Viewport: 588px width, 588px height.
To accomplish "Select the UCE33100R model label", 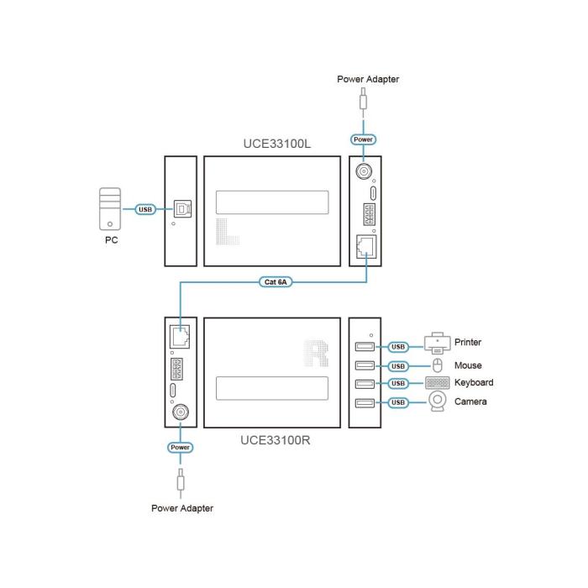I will (x=276, y=439).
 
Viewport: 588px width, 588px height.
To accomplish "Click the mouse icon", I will (x=437, y=365).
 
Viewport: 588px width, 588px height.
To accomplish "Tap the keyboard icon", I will (x=438, y=383).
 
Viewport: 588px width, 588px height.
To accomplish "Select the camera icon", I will (x=438, y=403).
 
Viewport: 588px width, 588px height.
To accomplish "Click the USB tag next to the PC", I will (x=145, y=209).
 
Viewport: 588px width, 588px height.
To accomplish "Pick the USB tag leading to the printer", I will (x=398, y=345).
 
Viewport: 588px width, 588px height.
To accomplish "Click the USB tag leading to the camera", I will (x=398, y=403).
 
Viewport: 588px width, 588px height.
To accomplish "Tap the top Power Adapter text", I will (x=368, y=79).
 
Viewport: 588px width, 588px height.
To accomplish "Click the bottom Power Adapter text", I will (x=182, y=508).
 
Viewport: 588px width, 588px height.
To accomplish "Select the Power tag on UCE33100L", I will (x=364, y=139).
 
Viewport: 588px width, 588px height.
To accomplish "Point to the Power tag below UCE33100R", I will (x=181, y=448).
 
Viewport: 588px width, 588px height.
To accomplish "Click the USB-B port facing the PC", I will (x=181, y=208).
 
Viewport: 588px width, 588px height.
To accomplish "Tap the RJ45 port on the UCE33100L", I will (x=366, y=247).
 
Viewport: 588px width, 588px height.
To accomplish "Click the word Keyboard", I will (x=474, y=383).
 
